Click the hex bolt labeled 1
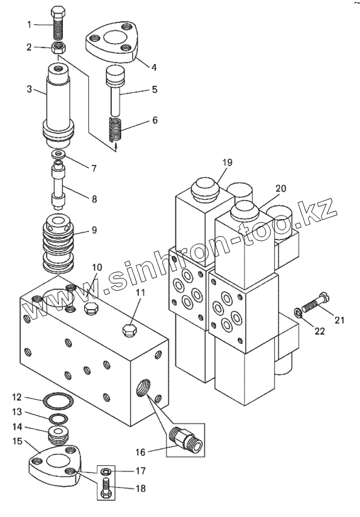click(x=59, y=24)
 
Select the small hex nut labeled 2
click(x=59, y=48)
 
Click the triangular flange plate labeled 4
click(x=111, y=42)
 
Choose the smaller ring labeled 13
click(x=59, y=419)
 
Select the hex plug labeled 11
click(x=129, y=330)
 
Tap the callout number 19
click(x=227, y=163)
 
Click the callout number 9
click(x=94, y=230)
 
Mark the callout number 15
click(x=17, y=441)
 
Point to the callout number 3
click(x=29, y=89)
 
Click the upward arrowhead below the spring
click(x=116, y=147)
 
